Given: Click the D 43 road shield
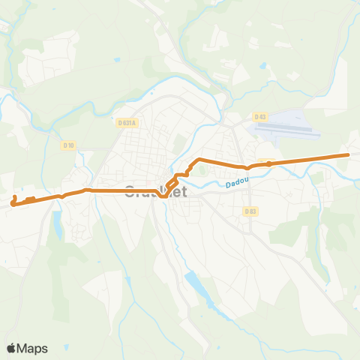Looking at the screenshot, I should [x=260, y=117].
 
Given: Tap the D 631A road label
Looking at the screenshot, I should [x=127, y=122].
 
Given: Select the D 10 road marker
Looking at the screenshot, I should [x=70, y=144].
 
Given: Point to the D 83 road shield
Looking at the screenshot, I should [x=250, y=211].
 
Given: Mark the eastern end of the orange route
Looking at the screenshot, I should [x=348, y=155].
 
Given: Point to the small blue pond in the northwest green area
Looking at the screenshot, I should [x=116, y=59].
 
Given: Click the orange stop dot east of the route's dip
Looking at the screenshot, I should [x=268, y=163].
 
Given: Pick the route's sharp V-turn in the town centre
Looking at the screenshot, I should [x=164, y=198].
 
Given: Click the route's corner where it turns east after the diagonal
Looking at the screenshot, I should [x=197, y=160].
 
